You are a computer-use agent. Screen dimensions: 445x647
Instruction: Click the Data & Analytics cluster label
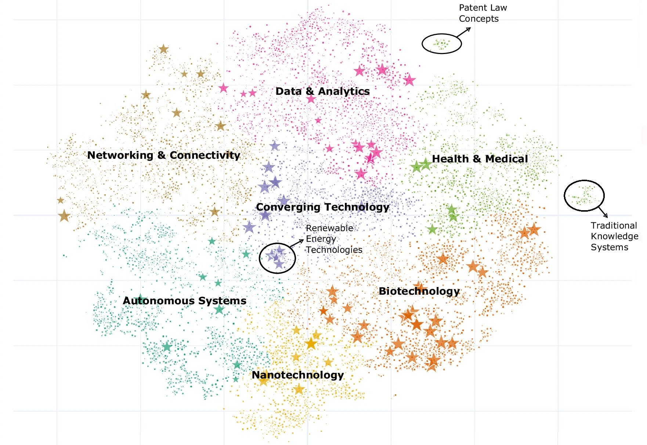point(322,91)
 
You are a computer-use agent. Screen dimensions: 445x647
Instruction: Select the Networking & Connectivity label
point(163,155)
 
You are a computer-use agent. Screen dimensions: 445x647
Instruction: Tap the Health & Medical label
point(480,159)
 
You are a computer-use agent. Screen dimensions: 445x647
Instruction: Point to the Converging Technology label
point(322,207)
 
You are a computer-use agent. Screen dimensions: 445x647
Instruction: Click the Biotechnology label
point(419,291)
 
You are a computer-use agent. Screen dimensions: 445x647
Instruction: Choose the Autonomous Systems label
point(184,301)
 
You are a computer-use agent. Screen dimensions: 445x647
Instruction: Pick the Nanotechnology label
point(297,375)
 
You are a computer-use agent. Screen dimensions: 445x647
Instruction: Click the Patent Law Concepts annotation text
point(482,13)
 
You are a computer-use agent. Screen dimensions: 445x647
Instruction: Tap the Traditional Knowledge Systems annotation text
point(614,236)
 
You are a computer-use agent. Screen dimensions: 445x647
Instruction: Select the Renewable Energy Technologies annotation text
point(333,239)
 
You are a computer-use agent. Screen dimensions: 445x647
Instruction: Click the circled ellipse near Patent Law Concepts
point(441,44)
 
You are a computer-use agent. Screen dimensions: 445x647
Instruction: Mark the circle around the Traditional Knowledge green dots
point(584,195)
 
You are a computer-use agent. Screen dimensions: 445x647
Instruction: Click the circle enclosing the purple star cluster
point(277,258)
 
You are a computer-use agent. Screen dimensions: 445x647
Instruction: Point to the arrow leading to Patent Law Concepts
point(463,32)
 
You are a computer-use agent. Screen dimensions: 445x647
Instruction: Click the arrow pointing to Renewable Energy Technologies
point(297,243)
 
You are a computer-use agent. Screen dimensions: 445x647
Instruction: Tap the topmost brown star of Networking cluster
point(163,49)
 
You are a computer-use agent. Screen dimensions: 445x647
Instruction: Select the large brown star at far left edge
point(64,216)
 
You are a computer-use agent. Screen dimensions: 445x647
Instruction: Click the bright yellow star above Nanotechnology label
point(311,344)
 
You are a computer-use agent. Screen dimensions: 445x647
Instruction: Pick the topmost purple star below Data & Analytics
point(275,146)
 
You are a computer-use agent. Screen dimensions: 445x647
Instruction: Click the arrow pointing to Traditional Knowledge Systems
point(603,212)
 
